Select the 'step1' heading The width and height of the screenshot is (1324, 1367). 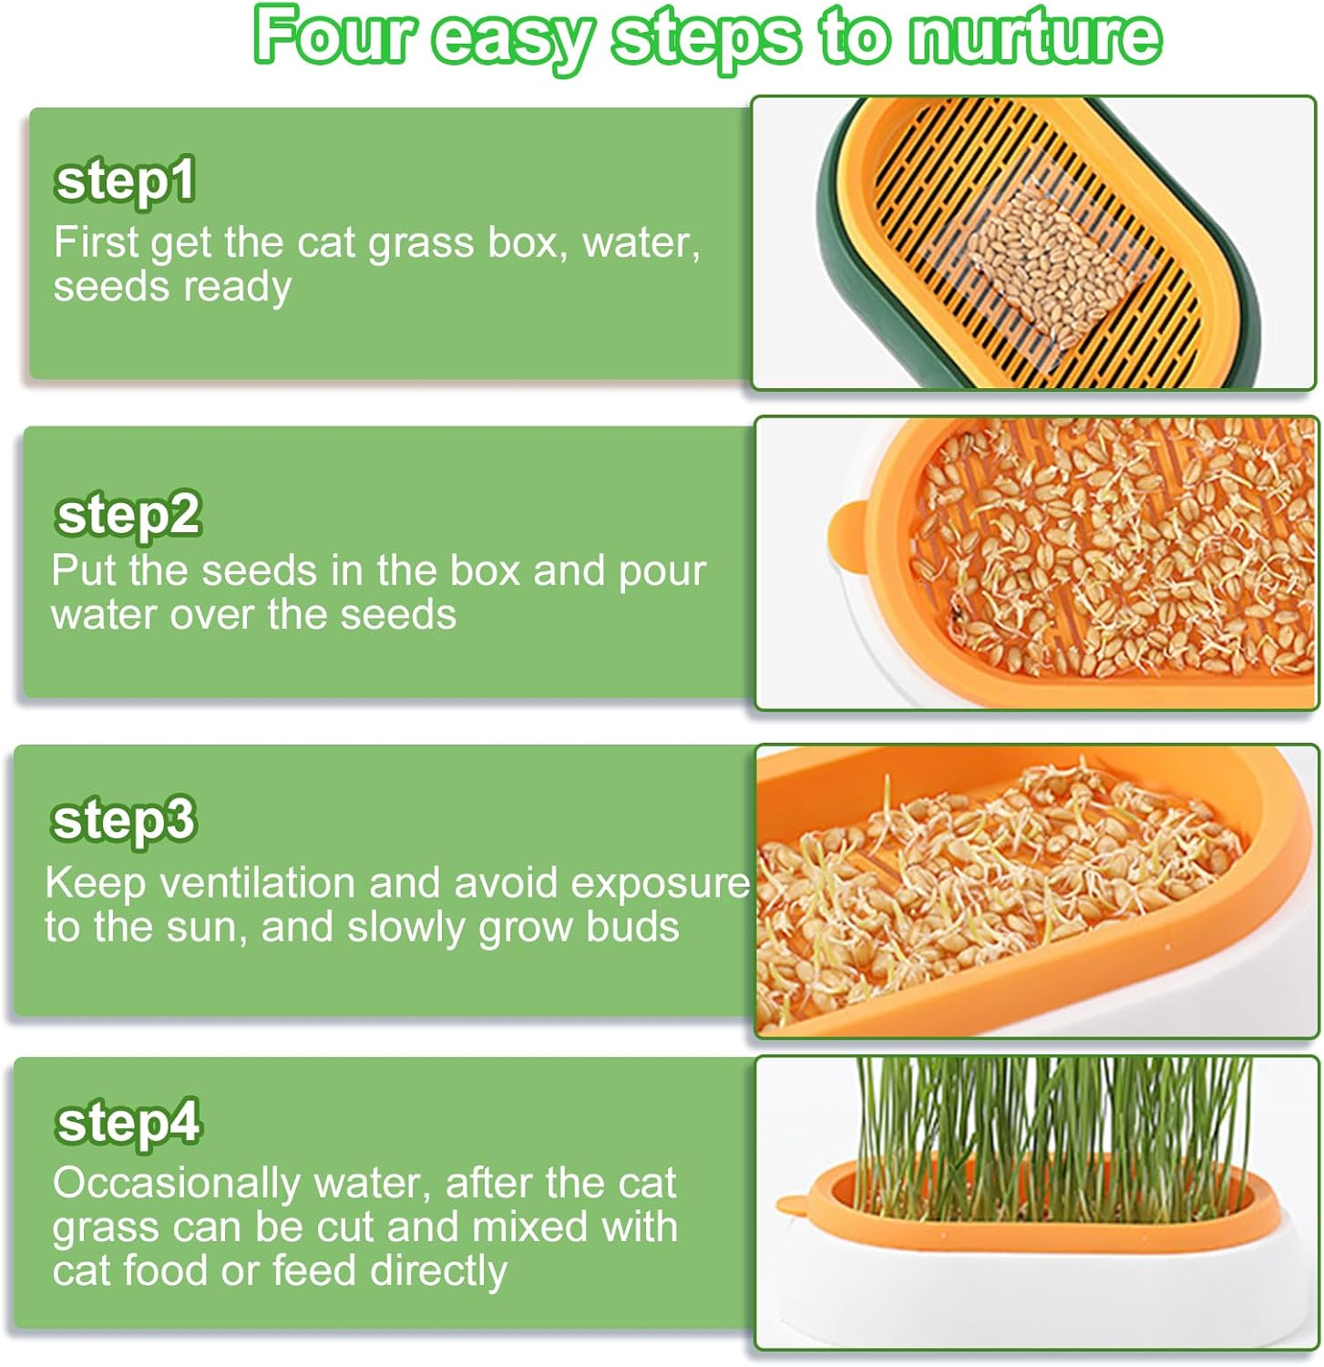coord(125,180)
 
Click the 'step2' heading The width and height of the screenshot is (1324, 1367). coord(128,515)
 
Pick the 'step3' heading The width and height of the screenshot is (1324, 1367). coord(123,819)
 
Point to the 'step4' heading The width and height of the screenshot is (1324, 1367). coord(127,1122)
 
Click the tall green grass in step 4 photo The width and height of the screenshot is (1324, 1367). coord(1048,1121)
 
